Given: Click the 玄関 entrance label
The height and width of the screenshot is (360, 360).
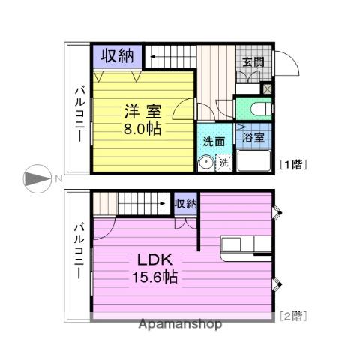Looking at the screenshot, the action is pos(253,61).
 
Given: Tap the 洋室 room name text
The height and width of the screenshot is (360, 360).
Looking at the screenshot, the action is pos(142,111).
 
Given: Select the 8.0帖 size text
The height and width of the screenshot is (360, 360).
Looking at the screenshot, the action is pos(142,129).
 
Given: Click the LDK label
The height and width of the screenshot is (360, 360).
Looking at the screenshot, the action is pos(155,259).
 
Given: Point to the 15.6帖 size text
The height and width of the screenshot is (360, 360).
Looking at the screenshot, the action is pos(155,277).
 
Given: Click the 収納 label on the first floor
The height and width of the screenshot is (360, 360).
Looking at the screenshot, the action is pos(117,55).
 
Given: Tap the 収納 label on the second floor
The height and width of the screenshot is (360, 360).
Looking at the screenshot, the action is pos(186,204).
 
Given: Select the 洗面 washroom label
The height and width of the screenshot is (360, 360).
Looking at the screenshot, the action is pos(214,142).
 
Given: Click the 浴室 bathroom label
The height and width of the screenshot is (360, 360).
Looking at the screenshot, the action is pos(253,137).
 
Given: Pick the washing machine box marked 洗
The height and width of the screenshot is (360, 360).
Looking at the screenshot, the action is pos(223,163).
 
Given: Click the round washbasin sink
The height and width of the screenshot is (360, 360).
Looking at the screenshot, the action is pos(205,163).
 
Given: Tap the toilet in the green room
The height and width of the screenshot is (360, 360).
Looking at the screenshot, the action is pos(261,109).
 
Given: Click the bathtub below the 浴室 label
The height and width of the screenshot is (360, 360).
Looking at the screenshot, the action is pos(253,160).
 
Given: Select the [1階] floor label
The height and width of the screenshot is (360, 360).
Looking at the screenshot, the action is pos(293,164).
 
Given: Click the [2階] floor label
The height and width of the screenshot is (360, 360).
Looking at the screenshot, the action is pos(293,316).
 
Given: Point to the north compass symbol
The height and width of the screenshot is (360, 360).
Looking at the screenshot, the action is pos(37,178).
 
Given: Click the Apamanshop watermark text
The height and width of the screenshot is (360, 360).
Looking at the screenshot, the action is pos(180,324).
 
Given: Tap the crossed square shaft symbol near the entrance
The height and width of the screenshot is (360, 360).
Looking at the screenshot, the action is pos(266,88).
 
